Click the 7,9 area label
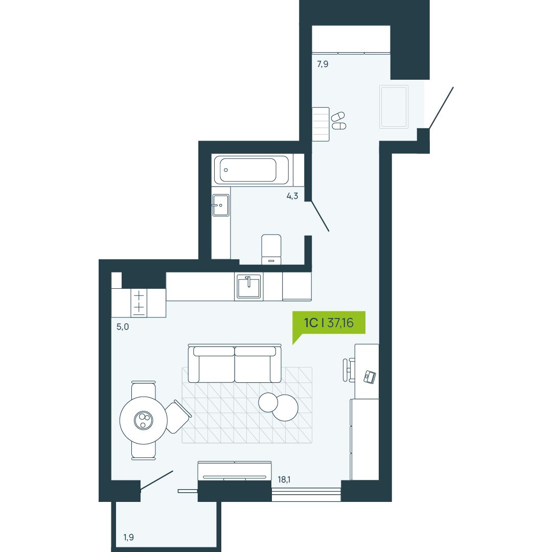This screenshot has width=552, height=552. [323, 64]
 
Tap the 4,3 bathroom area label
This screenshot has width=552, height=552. [292, 196]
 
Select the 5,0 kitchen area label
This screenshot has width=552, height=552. [123, 327]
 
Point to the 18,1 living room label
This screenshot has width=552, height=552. [284, 479]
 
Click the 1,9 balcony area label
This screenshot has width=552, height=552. [128, 537]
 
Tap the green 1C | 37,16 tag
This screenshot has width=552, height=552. [329, 323]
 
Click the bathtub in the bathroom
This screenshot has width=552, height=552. [251, 170]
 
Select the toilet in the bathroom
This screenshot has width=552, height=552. [271, 249]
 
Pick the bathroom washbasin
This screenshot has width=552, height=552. [221, 205]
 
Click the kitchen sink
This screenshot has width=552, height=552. [249, 287]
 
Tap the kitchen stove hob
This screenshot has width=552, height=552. [139, 303]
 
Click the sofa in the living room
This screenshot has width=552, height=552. [235, 363]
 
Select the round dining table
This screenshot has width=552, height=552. [143, 420]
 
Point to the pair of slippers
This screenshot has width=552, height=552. [339, 121]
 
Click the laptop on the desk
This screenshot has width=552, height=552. [370, 377]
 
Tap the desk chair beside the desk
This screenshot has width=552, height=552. [349, 370]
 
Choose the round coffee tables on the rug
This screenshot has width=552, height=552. [278, 407]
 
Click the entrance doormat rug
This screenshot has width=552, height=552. [394, 106]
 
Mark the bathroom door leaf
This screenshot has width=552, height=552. [320, 216]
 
